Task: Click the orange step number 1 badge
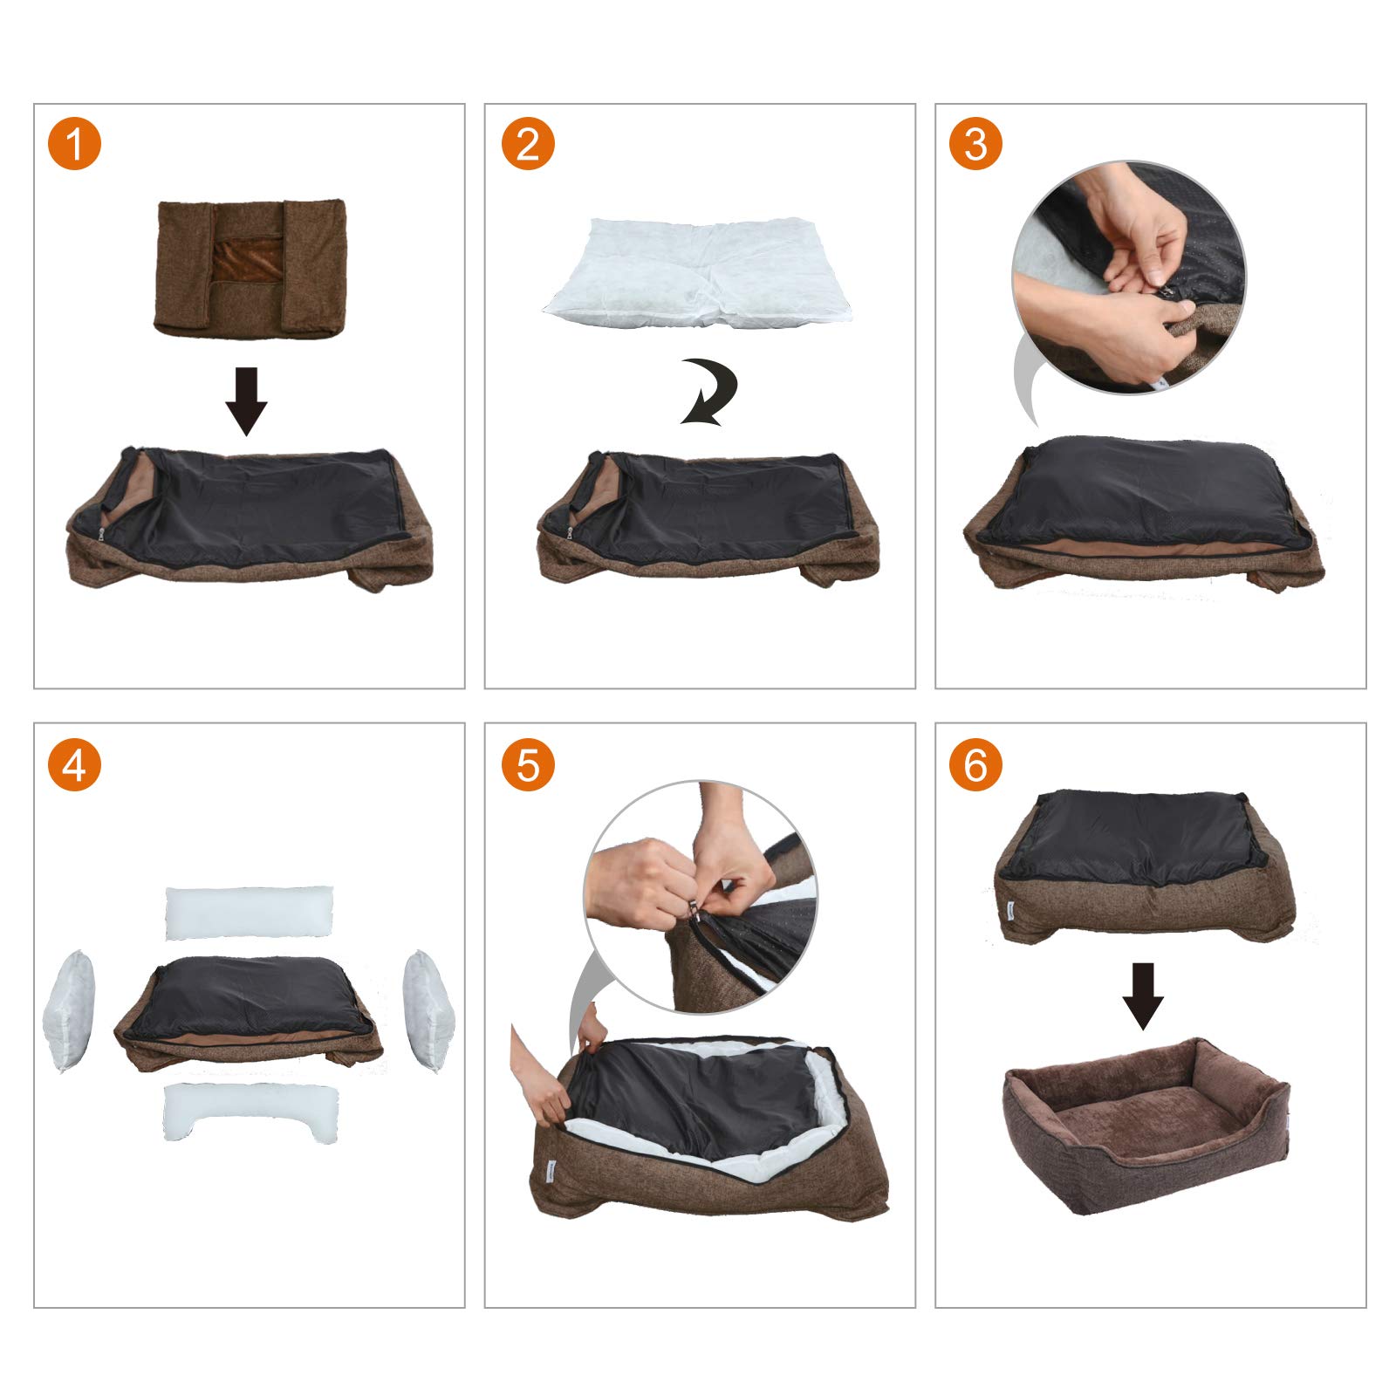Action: [x=75, y=143]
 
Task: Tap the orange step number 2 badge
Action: [x=528, y=143]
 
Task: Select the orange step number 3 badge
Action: [x=975, y=143]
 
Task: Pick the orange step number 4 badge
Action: [x=75, y=765]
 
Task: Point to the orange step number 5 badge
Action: [x=528, y=765]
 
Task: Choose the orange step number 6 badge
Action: [x=975, y=765]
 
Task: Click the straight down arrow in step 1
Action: [x=246, y=400]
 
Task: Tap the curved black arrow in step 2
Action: [x=711, y=392]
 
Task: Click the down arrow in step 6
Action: [x=1143, y=996]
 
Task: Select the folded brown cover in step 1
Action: [x=252, y=269]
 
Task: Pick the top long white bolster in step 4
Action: [x=249, y=914]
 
